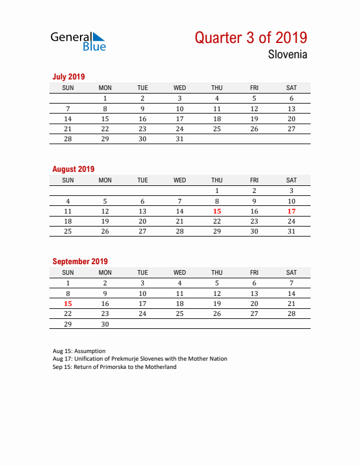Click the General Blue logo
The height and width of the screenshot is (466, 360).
78,41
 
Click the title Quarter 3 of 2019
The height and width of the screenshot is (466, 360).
251,38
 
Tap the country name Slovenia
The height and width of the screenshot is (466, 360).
287,55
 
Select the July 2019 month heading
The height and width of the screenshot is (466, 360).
69,76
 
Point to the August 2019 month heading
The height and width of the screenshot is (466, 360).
74,169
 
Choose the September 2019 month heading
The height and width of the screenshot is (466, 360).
80,261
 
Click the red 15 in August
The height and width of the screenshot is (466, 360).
217,211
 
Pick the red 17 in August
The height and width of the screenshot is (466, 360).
291,211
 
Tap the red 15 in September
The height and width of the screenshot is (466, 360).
68,304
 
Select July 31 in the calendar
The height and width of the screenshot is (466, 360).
180,139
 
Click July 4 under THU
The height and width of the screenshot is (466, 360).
217,99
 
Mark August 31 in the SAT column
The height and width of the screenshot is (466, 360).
291,231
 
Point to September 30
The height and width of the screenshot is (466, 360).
105,324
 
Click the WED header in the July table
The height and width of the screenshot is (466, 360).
180,88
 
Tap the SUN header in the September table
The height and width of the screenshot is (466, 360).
68,272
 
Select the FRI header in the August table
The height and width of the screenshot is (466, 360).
254,180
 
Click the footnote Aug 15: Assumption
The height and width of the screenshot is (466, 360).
79,351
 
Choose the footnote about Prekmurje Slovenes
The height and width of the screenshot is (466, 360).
139,359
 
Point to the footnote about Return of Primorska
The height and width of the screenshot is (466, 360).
114,367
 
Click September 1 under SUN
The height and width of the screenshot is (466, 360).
68,283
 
